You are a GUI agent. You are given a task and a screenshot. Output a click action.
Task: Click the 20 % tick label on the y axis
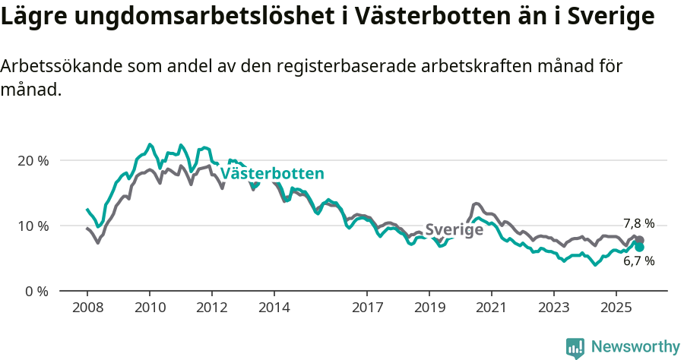coord(33,161)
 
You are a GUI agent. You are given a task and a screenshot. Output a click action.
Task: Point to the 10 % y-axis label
coord(33,226)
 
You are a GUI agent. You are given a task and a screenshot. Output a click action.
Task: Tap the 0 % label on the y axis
coord(36,291)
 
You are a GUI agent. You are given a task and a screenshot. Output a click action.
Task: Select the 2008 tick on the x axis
coord(87,308)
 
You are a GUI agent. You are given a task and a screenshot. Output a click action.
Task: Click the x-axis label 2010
coord(149,308)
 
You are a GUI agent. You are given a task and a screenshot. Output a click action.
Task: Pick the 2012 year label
coord(211,308)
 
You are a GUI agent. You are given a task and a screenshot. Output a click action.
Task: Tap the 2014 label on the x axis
coord(274,308)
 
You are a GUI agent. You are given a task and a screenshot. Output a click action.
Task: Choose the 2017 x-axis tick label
coord(367,308)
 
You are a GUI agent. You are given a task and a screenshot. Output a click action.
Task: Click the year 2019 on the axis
coord(429,308)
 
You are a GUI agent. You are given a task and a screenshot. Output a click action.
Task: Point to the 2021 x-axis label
coord(492,308)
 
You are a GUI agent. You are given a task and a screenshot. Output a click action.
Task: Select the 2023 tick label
coord(554,308)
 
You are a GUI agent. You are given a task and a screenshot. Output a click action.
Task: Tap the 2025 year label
coord(616,308)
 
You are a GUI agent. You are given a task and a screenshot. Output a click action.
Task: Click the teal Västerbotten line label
coord(272,174)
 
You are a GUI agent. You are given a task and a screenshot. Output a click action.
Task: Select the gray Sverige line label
coord(454,229)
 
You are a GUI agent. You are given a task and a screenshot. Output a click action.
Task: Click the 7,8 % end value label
coord(638,223)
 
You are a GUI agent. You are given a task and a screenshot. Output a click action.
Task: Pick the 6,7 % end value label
coord(638,261)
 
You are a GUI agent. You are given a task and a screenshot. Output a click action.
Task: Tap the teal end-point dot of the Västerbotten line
coord(639,247)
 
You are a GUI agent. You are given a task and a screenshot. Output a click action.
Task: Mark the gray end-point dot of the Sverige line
coord(639,239)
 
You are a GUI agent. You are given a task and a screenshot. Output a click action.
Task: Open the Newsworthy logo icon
coord(575,347)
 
